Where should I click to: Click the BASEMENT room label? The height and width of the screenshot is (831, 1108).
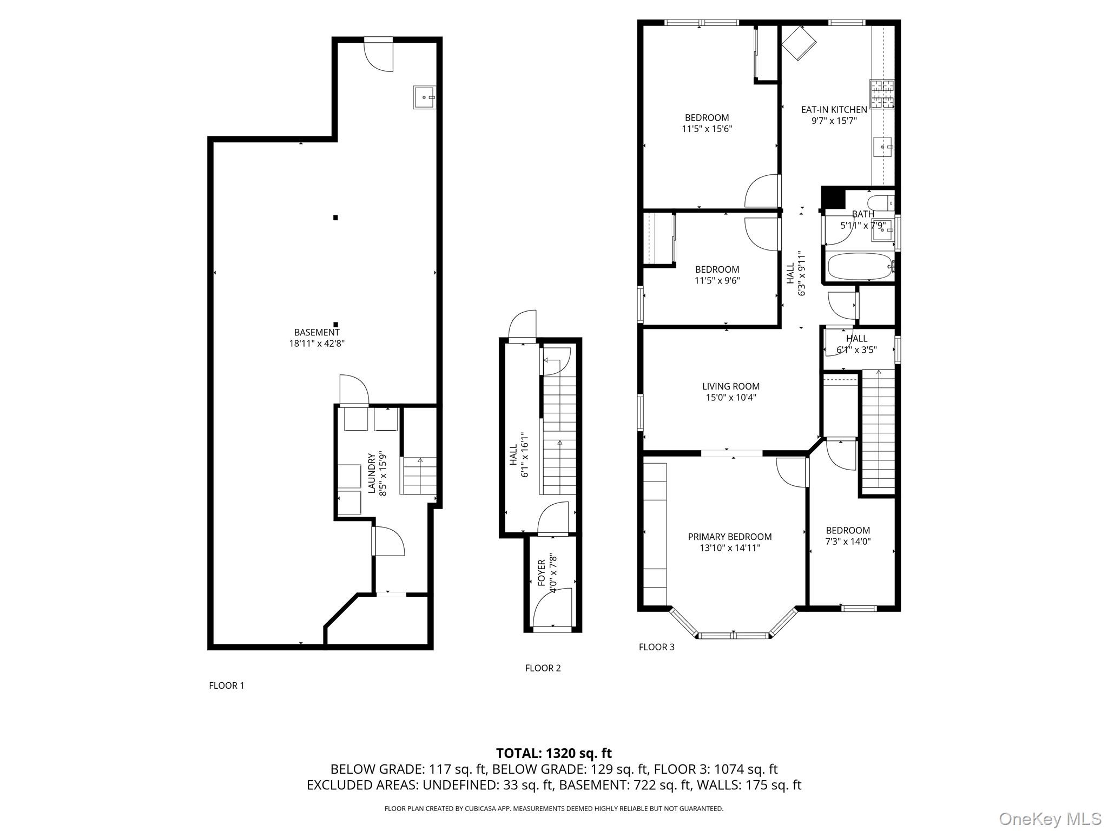tap(316, 332)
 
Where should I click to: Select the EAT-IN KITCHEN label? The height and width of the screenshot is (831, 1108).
tap(834, 109)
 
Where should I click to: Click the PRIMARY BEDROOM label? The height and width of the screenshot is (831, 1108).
tap(729, 537)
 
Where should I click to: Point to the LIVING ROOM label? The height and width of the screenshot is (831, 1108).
tap(730, 386)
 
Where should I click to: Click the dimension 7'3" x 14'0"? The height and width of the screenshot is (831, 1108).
tap(848, 542)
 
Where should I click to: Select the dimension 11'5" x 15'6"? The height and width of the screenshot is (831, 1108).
tap(707, 129)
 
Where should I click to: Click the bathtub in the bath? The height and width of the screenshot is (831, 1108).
tap(859, 266)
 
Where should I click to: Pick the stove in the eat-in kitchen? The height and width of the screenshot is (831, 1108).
tap(881, 95)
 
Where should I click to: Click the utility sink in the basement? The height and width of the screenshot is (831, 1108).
tap(424, 97)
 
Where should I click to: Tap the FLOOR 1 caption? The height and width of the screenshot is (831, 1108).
tap(227, 685)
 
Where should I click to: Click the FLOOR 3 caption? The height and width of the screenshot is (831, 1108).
tap(656, 647)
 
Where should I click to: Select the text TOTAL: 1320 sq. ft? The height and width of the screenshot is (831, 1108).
tap(553, 753)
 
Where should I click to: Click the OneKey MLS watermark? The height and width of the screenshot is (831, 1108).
tap(1050, 819)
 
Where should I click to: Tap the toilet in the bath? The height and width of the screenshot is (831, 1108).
tap(880, 203)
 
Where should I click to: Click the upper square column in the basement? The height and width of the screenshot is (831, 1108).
tap(335, 217)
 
